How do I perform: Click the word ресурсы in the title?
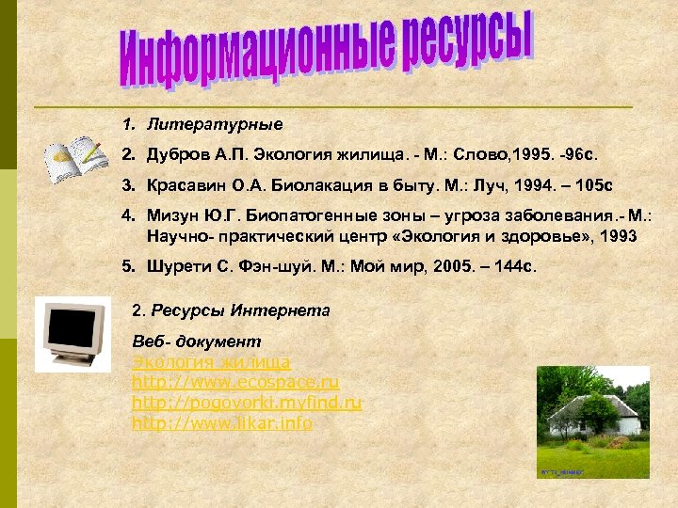(468, 40)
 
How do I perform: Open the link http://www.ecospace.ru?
(235, 383)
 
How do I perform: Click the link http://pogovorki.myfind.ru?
(247, 403)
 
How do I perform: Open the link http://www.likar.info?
(222, 423)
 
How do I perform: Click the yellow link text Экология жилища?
(211, 362)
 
